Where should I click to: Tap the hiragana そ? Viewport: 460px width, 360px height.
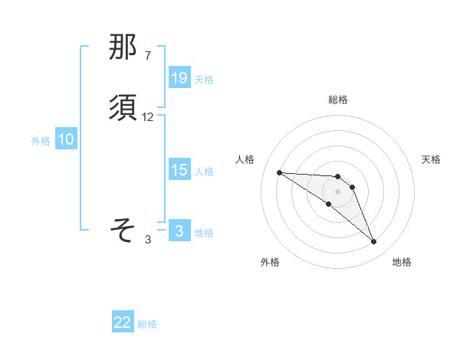click(123, 229)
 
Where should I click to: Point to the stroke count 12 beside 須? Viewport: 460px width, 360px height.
click(148, 117)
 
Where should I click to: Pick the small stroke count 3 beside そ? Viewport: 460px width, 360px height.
click(148, 239)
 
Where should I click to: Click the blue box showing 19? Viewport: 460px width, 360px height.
click(179, 77)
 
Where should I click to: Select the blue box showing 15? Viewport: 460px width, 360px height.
click(179, 170)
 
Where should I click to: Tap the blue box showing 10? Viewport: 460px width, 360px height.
click(66, 139)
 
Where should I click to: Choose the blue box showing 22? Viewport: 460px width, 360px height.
click(123, 322)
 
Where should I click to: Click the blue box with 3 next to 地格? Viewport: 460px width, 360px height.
click(179, 231)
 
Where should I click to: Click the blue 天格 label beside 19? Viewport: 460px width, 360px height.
click(204, 79)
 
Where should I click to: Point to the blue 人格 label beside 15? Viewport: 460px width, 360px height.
click(204, 172)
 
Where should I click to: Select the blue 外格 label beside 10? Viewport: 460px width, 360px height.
click(41, 141)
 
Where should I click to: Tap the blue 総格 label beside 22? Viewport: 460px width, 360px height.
click(147, 324)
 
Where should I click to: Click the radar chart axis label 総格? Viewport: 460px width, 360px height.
click(337, 100)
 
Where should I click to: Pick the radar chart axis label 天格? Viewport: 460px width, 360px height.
click(431, 159)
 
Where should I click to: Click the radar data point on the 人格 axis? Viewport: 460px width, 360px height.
click(279, 172)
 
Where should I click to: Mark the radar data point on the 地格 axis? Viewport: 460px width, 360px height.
click(373, 242)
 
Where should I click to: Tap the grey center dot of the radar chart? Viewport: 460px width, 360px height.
click(337, 191)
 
